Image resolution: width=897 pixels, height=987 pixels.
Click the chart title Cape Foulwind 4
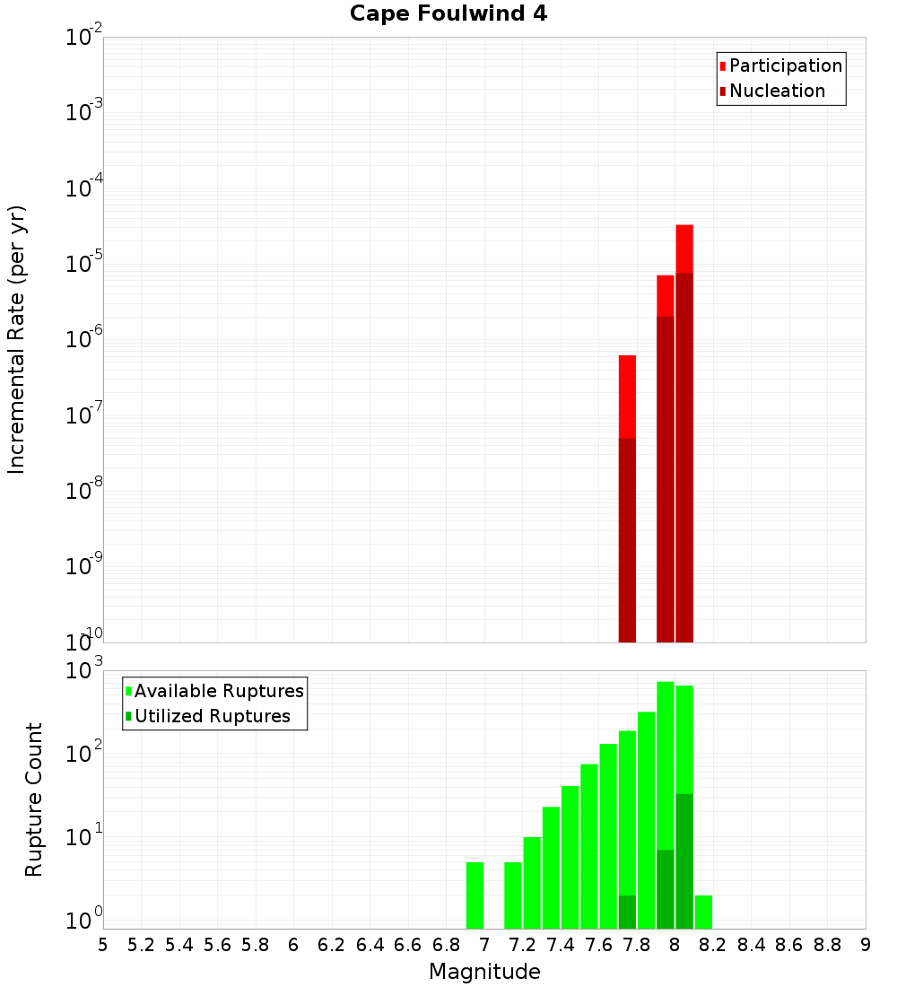click(448, 13)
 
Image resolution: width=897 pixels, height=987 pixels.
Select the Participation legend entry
click(786, 66)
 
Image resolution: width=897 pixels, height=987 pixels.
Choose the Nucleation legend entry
click(777, 92)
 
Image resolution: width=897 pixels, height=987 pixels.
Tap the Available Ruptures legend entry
click(219, 692)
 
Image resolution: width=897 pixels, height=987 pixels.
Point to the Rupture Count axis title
click(34, 799)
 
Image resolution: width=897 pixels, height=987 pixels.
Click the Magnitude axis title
click(484, 972)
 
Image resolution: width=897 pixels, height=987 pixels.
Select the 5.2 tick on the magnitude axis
click(141, 945)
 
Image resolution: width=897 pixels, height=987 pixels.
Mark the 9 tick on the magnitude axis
click(866, 945)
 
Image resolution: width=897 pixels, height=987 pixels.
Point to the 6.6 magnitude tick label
click(408, 945)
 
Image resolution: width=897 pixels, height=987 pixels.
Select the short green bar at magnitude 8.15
click(703, 912)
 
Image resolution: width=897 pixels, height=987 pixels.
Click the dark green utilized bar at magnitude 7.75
click(627, 912)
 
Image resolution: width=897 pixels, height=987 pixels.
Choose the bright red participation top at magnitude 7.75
click(627, 395)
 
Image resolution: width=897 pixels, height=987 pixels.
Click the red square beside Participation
click(722, 66)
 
